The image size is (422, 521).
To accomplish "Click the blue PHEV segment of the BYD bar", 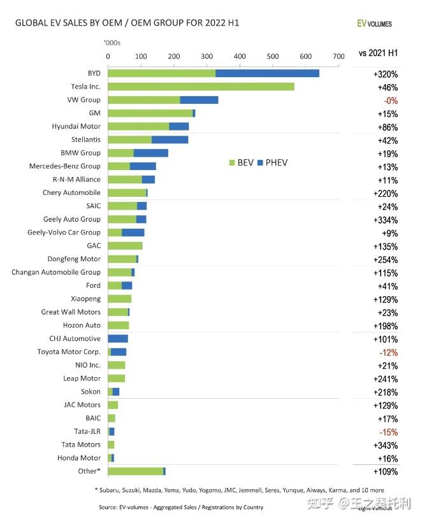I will [x=267, y=73].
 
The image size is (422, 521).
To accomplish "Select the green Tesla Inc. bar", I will [x=201, y=87].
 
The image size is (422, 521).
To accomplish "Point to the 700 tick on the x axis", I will [x=338, y=56].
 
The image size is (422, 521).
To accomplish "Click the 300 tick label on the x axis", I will [x=207, y=56].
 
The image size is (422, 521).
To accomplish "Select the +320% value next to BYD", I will [x=386, y=74].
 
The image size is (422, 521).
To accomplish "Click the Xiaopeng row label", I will [x=86, y=299].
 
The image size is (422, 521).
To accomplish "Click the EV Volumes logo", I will [x=374, y=24].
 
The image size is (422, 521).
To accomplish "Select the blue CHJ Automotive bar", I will [x=118, y=338].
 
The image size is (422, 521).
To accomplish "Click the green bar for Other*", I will [x=135, y=471].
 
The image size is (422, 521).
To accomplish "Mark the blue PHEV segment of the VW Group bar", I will [x=199, y=100].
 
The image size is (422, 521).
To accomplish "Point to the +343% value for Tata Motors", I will [x=386, y=445].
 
